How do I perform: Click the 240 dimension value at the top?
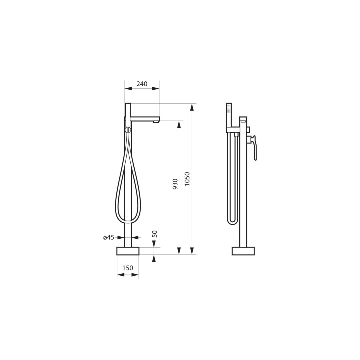[x=142, y=84]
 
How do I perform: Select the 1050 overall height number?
[x=187, y=179]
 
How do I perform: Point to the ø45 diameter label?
[x=109, y=238]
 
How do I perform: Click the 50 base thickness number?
[x=155, y=233]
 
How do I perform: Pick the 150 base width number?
[x=128, y=268]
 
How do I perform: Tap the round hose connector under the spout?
[x=128, y=130]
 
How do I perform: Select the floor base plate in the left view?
[x=128, y=251]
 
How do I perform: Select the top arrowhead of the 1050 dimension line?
[x=191, y=106]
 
